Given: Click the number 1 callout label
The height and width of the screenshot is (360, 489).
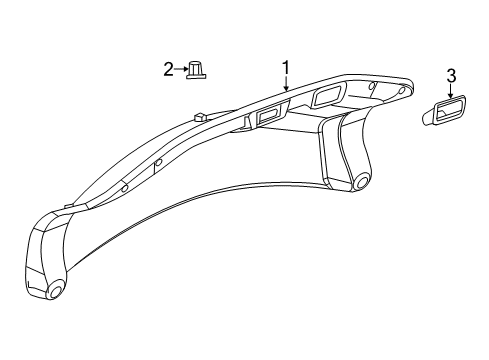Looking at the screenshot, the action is [285, 67].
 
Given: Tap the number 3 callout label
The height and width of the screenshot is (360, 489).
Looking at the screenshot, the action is [451, 74].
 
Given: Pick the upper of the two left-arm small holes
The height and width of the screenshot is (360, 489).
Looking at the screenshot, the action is [158, 162].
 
